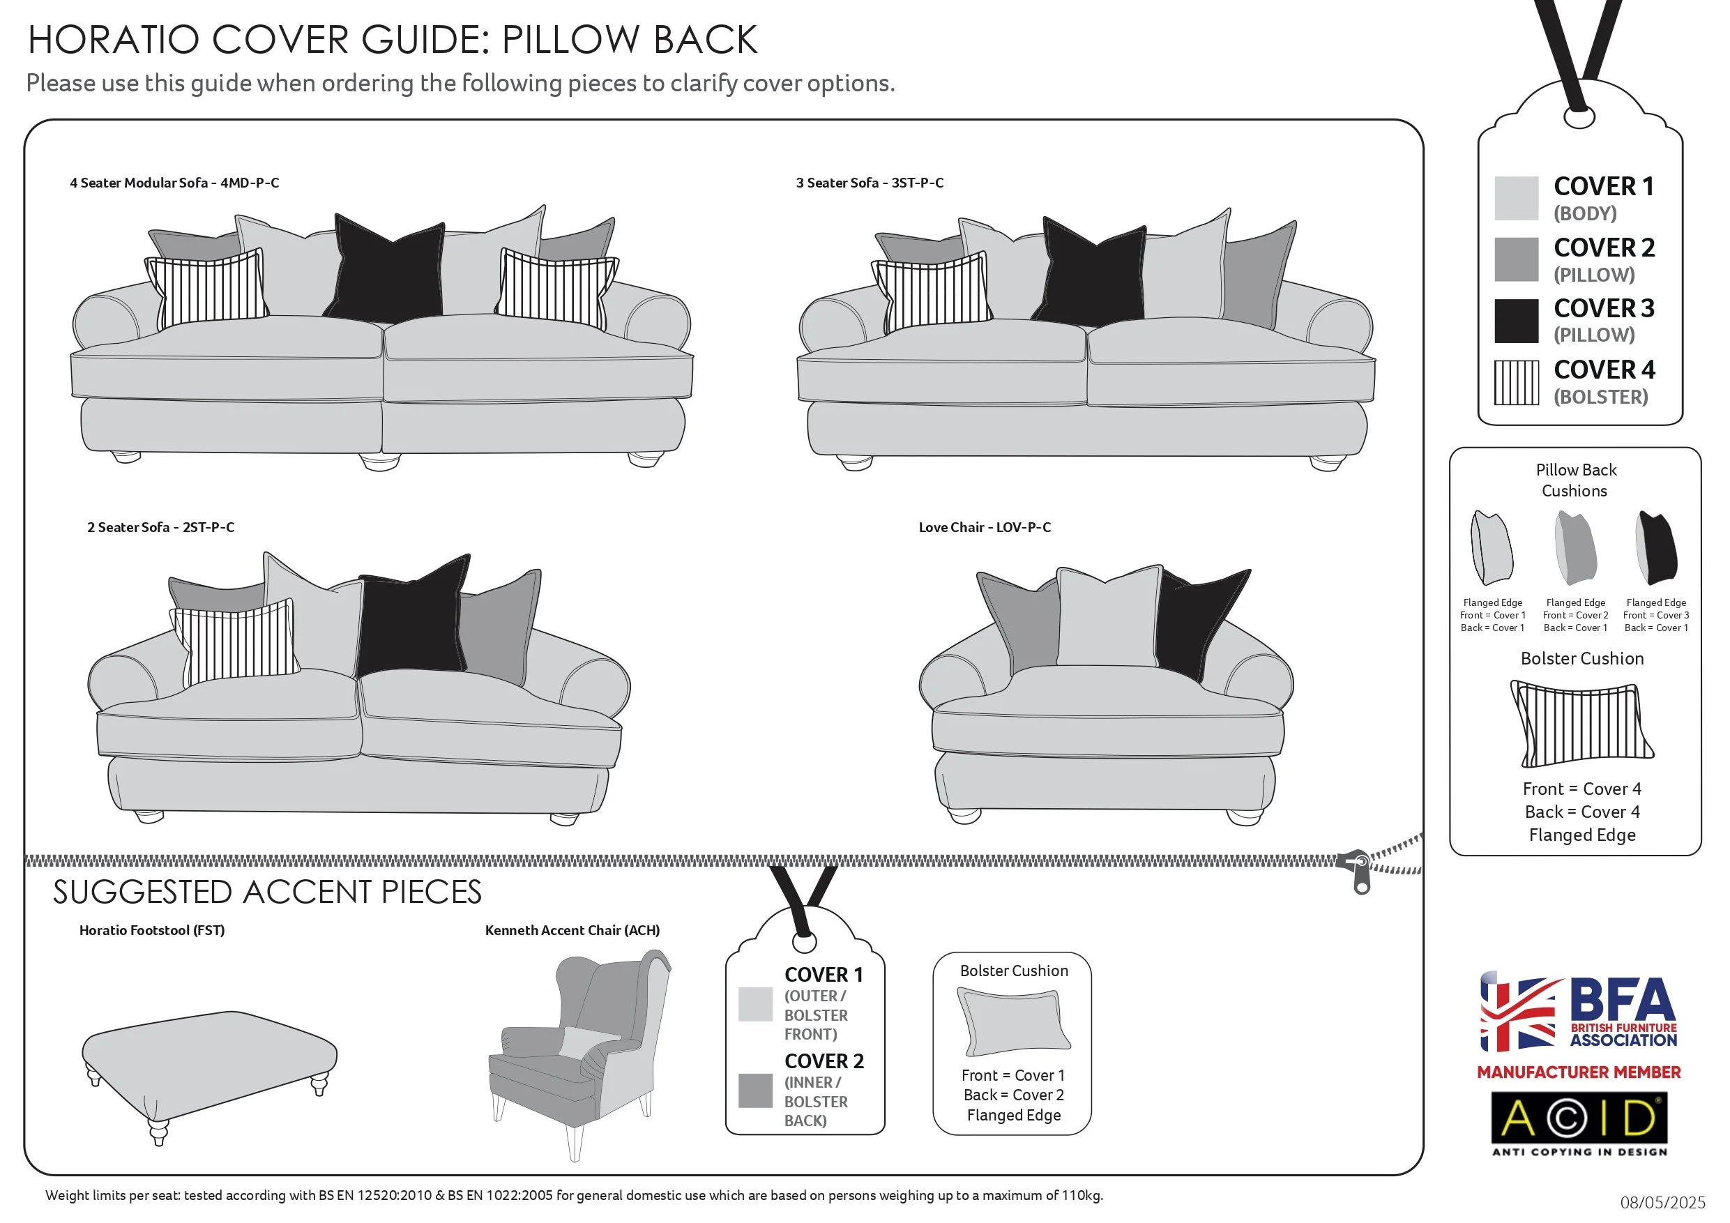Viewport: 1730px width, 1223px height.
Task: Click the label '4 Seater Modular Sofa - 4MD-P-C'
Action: click(x=174, y=183)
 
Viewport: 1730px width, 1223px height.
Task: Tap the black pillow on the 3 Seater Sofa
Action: click(x=1094, y=275)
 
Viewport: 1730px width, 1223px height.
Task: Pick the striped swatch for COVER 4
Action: click(x=1516, y=382)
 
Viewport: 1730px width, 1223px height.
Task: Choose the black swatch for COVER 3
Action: click(x=1516, y=320)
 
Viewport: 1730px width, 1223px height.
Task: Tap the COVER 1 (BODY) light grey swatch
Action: click(x=1516, y=198)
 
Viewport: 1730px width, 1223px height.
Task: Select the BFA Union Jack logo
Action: click(x=1517, y=1011)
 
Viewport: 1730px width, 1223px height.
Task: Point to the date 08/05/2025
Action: click(x=1662, y=1203)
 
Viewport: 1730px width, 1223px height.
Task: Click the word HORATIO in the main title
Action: click(x=113, y=40)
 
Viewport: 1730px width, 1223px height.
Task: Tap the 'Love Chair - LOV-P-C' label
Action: click(x=984, y=528)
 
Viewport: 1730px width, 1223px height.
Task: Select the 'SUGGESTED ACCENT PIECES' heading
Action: click(x=267, y=892)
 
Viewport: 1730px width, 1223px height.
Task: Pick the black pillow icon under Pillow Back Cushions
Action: click(x=1656, y=548)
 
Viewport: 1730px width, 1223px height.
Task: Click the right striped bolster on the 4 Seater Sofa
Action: click(x=556, y=289)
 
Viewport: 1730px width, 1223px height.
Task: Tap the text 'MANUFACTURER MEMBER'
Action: click(x=1579, y=1072)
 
